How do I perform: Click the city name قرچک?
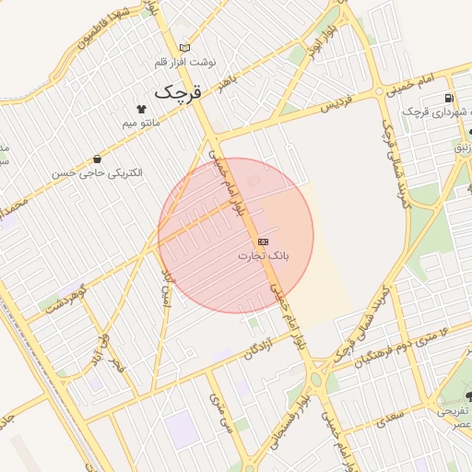176,92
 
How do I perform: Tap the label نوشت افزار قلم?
185,63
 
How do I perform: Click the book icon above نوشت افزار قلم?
185,48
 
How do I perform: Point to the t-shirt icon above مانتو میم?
141,108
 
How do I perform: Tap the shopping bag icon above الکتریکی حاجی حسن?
98,159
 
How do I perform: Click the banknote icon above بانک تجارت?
264,240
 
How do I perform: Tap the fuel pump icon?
448,98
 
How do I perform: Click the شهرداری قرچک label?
434,112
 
